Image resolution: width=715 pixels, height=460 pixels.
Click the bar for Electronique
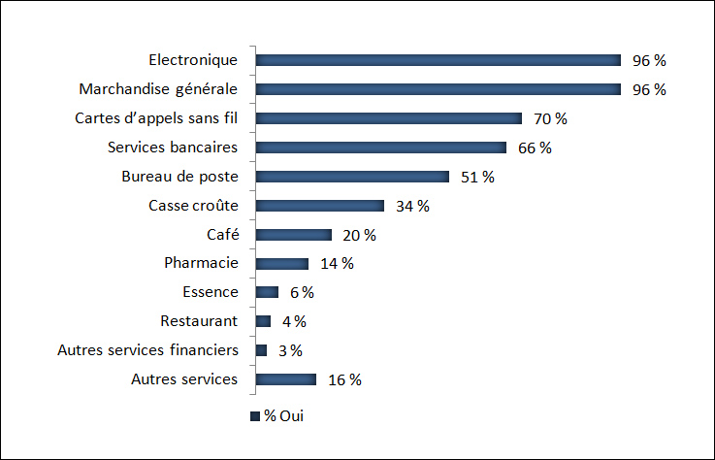click(438, 60)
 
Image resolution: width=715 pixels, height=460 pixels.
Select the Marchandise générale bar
click(438, 89)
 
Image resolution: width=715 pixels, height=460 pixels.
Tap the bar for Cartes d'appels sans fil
click(388, 118)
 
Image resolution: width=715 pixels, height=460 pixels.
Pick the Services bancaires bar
click(380, 148)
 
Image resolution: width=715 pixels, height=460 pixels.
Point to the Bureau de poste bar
click(352, 177)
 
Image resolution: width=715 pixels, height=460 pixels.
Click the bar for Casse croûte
click(319, 206)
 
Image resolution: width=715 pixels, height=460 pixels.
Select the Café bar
click(293, 235)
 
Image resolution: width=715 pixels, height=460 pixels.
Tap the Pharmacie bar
click(281, 264)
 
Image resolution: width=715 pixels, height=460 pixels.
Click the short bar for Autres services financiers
click(261, 350)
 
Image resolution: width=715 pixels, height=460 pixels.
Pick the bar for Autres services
click(285, 379)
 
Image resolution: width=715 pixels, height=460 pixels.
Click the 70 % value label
click(550, 118)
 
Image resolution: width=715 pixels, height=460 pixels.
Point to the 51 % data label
click(477, 177)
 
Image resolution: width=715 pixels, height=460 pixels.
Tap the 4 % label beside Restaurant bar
click(294, 321)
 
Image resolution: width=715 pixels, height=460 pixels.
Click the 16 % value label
click(344, 379)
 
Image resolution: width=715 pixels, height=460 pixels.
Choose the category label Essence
click(210, 292)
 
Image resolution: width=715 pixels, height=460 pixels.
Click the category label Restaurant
click(199, 321)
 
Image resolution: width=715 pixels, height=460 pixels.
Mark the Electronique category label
click(193, 60)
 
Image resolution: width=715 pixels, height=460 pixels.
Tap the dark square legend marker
click(255, 416)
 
